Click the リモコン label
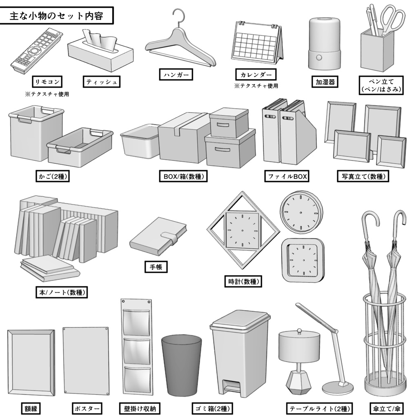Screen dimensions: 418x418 [47, 82]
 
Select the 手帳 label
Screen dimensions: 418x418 [156, 267]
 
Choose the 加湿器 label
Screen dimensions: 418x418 [325, 82]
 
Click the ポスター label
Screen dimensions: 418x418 [87, 408]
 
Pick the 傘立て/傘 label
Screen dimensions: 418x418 [385, 408]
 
